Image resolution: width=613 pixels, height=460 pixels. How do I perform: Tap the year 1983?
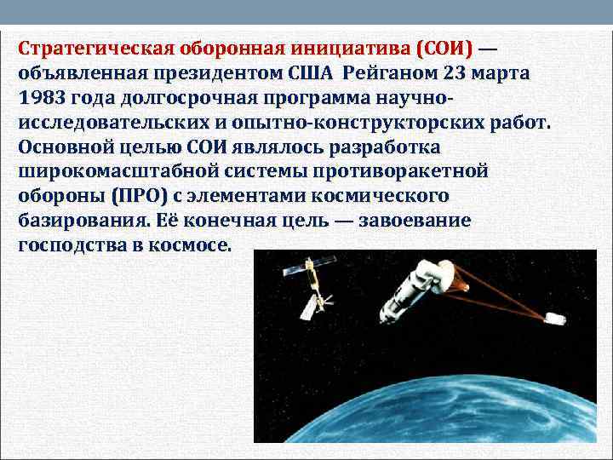pos(37,97)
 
